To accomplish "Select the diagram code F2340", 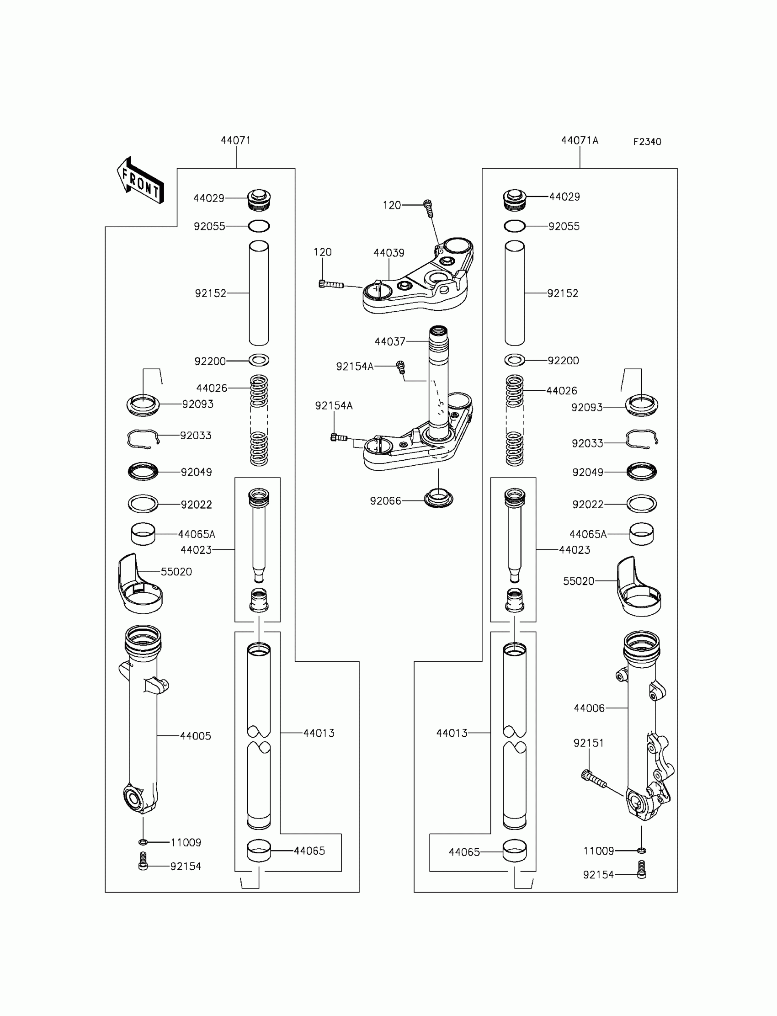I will (x=647, y=142).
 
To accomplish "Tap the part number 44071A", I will (x=579, y=141).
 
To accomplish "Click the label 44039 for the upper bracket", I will (x=388, y=253).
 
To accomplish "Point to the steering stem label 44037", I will (x=389, y=341).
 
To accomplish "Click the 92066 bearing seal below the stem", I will (x=438, y=499).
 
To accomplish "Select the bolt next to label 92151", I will (x=593, y=779).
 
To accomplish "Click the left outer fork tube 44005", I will (x=143, y=721).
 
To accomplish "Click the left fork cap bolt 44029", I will (x=259, y=199).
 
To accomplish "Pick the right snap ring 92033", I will (x=642, y=439).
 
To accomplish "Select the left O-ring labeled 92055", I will (x=259, y=226).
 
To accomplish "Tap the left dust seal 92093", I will (x=143, y=405).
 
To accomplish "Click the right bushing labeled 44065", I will (x=514, y=851).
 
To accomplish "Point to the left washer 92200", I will (x=259, y=360).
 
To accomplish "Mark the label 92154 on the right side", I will (x=598, y=875).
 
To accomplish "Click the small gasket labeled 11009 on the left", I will (x=143, y=842).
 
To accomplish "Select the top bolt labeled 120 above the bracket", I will (x=428, y=207).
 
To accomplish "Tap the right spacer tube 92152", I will (x=514, y=293).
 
